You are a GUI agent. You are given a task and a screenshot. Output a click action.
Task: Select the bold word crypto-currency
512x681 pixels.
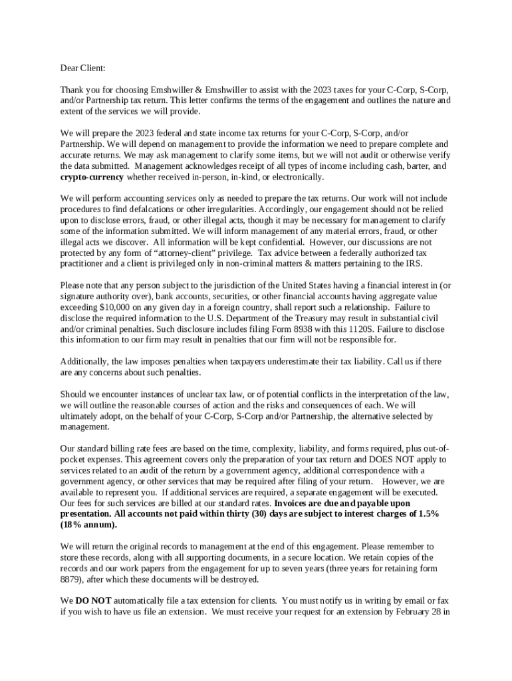[x=92, y=177]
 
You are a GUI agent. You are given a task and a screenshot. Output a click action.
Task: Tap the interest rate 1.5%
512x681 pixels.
[x=425, y=513]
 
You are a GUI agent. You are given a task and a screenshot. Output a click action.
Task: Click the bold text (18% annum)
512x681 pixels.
[x=88, y=525]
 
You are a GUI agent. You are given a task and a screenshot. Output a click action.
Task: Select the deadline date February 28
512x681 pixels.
[x=416, y=611]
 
